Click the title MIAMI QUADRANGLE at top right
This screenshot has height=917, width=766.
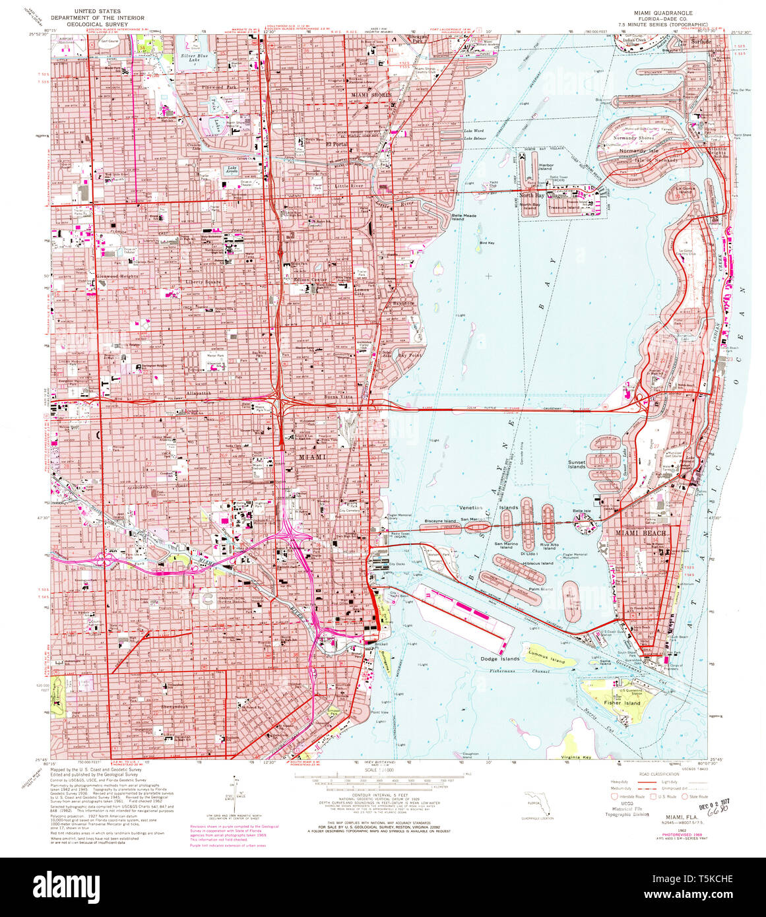(654, 13)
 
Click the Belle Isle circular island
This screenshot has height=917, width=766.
(583, 519)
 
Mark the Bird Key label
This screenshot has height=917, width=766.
(487, 243)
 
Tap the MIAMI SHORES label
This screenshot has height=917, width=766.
(371, 95)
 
